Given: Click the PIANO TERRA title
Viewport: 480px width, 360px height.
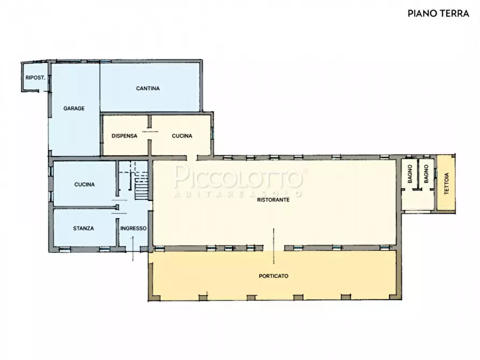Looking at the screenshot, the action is click(438, 13).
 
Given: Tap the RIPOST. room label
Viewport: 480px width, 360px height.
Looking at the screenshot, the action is click(35, 78).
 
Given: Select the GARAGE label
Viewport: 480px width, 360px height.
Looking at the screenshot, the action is click(74, 109).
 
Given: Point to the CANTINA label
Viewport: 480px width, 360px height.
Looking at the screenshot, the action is click(148, 89).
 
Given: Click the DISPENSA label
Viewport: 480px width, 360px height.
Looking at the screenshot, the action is click(124, 136).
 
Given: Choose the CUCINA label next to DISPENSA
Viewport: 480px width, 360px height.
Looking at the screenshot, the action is click(182, 136).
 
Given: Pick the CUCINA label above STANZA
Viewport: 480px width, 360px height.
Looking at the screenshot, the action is click(84, 185).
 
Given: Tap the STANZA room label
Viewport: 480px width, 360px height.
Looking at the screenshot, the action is click(83, 228).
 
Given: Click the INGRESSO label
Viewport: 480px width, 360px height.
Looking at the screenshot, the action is click(133, 228).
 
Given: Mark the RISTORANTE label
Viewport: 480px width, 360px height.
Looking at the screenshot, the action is click(274, 200).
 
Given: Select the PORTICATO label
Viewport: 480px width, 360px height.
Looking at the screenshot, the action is click(274, 276).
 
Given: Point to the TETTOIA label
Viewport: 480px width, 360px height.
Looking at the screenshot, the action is click(446, 184).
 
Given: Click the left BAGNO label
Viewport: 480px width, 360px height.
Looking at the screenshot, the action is click(410, 174).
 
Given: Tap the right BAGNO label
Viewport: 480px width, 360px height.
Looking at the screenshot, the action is click(426, 174).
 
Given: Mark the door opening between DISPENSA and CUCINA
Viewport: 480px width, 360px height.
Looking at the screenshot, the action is click(150, 132).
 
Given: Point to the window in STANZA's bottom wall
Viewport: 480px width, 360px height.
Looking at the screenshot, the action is click(65, 249).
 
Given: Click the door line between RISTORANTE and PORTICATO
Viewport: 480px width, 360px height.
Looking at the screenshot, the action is click(274, 246).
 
